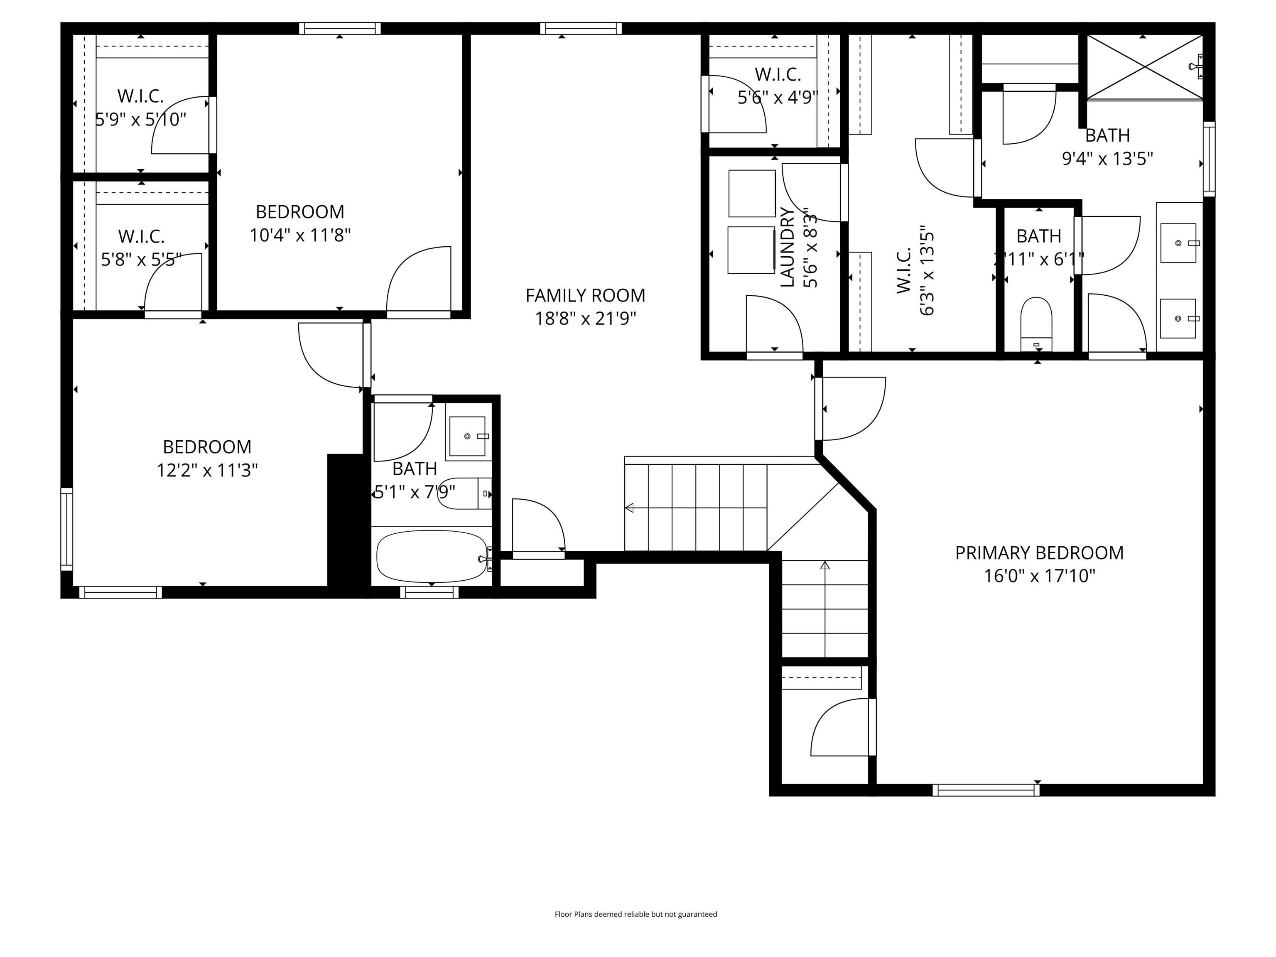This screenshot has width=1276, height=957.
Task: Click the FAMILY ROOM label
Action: [x=585, y=295]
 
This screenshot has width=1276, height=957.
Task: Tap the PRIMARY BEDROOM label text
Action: [x=1039, y=552]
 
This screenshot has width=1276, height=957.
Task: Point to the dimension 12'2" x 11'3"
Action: [x=207, y=470]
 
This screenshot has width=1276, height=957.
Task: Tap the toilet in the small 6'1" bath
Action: [x=1036, y=323]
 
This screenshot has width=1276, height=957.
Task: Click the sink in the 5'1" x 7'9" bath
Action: [x=467, y=436]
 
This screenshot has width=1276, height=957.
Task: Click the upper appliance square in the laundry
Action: [x=752, y=193]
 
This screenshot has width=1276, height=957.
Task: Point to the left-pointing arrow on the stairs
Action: [x=629, y=508]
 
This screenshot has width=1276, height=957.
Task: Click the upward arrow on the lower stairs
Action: [x=824, y=565]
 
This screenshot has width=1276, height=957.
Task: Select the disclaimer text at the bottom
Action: [x=636, y=914]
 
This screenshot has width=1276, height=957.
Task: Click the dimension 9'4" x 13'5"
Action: [x=1107, y=158]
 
